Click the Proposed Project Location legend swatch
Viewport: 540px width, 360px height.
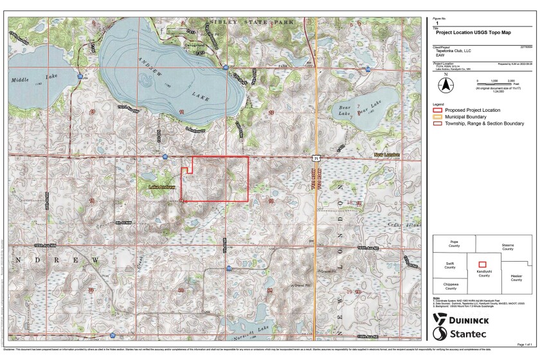[439, 110]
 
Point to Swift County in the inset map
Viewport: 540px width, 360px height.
[449, 265]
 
